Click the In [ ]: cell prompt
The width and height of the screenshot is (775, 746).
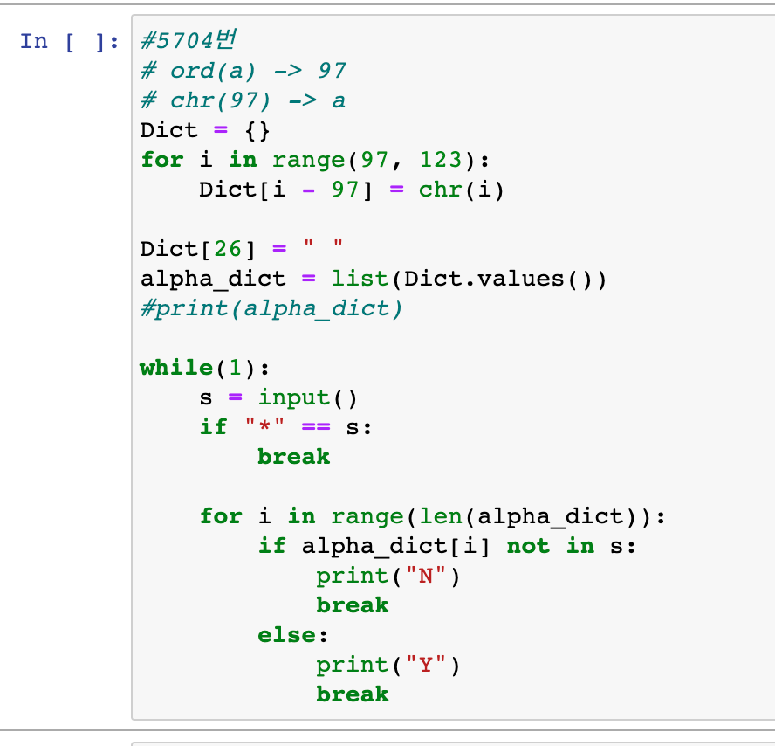point(69,41)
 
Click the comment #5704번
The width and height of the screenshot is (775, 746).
point(189,41)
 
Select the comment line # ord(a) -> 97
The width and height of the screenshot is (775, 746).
point(243,71)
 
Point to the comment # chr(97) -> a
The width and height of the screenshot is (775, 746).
point(243,100)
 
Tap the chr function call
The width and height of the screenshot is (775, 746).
point(440,190)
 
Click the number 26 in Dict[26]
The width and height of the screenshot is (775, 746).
point(228,249)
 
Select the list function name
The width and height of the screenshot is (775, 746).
point(360,279)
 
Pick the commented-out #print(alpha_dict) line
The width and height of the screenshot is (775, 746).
point(271,308)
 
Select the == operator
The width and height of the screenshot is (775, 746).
point(316,427)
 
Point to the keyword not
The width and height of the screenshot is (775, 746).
point(528,546)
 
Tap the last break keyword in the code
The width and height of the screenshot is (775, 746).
point(353,694)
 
